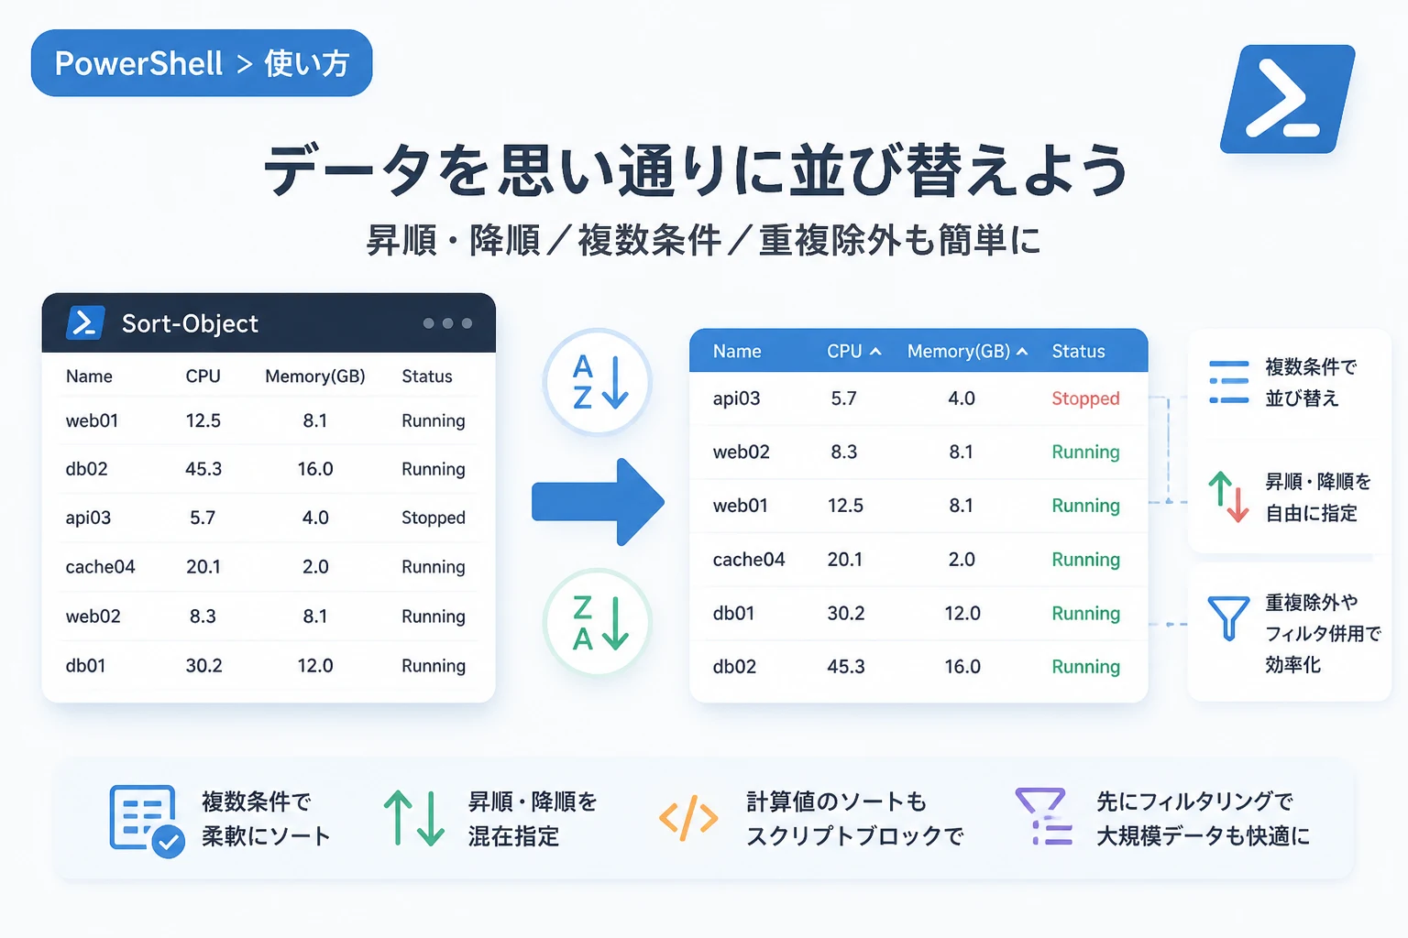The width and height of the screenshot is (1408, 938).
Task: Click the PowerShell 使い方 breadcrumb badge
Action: click(x=202, y=63)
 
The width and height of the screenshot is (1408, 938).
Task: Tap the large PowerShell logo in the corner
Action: click(x=1287, y=99)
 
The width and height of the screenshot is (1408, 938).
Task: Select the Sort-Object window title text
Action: click(x=190, y=323)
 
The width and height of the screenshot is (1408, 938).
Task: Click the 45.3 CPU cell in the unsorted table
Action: click(x=203, y=469)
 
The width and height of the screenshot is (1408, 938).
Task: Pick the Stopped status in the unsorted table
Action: click(x=434, y=518)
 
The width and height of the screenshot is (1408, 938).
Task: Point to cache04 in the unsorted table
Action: click(x=101, y=567)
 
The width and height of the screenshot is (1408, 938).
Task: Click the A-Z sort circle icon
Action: click(x=597, y=382)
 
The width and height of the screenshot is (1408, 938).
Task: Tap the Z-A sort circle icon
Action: click(x=597, y=622)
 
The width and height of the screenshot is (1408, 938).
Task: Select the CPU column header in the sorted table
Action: click(x=853, y=351)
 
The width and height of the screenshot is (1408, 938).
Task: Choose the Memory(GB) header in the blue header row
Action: click(x=967, y=351)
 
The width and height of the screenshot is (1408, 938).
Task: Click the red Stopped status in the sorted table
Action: click(x=1085, y=398)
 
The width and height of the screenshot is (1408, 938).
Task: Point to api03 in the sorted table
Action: click(x=736, y=398)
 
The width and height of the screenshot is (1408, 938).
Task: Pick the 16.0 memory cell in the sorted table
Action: click(x=962, y=667)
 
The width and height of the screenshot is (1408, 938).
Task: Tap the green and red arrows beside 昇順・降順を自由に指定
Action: click(x=1228, y=497)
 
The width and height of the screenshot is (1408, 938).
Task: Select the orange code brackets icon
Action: click(x=688, y=818)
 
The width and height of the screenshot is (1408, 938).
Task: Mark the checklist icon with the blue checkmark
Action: click(x=147, y=821)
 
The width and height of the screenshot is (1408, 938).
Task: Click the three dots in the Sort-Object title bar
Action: click(x=447, y=323)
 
